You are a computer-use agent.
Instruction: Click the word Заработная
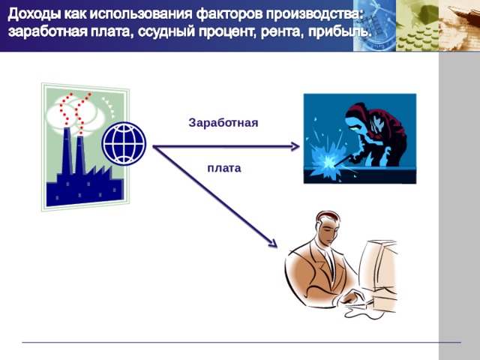tap(223, 122)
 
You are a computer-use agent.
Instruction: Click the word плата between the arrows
tap(223, 168)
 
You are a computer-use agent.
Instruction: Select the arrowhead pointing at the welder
tap(295, 146)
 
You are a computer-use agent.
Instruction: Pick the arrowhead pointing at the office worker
tap(271, 242)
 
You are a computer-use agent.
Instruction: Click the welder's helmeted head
tap(358, 116)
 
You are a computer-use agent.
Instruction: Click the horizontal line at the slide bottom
tap(240, 343)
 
